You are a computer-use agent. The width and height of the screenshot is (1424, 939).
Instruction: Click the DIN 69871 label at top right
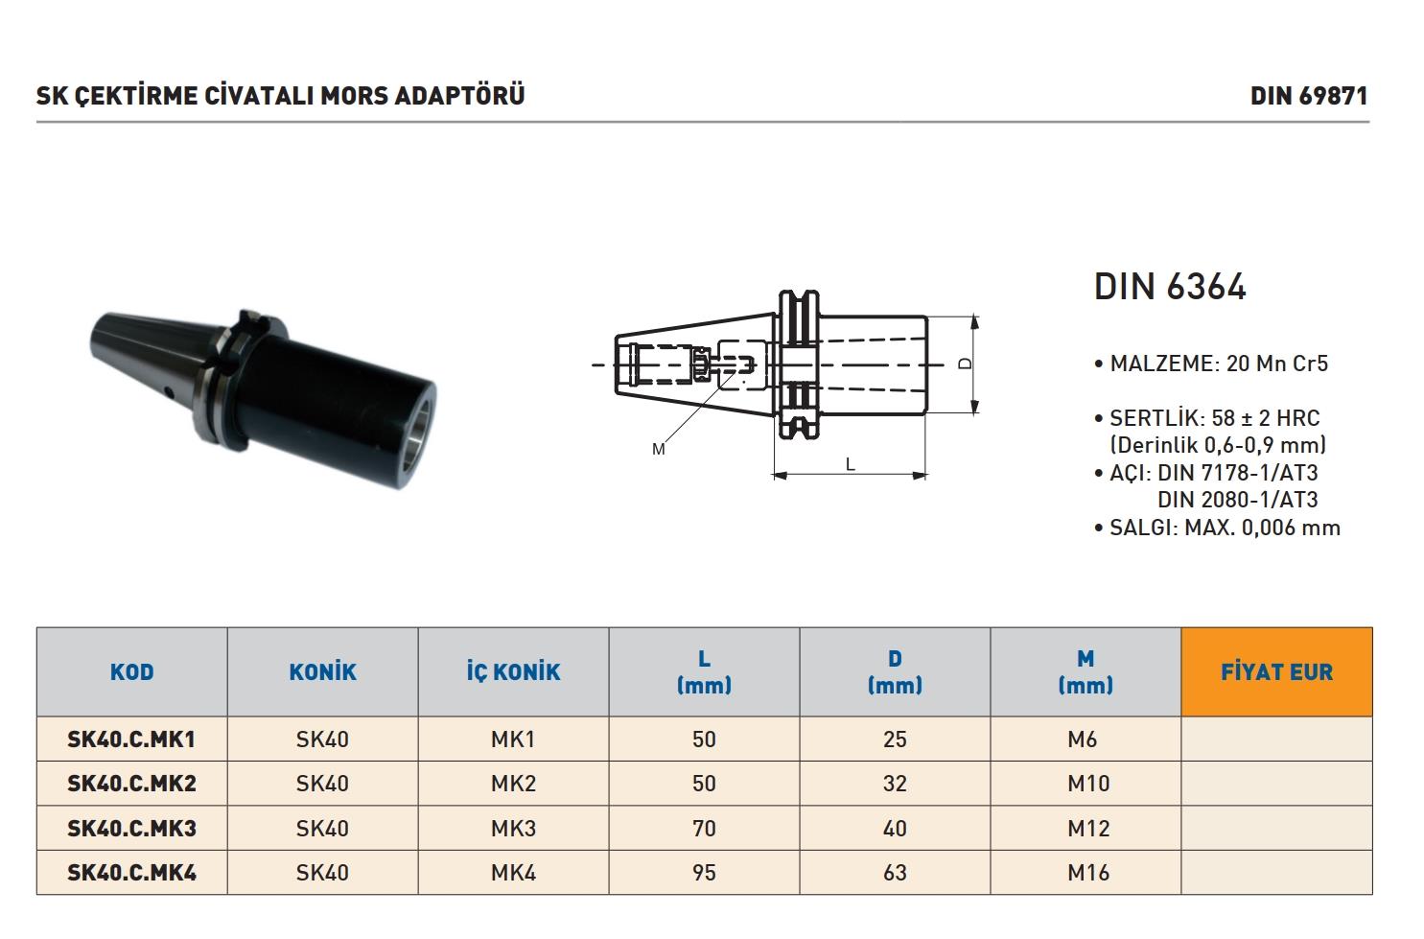[x=1308, y=96]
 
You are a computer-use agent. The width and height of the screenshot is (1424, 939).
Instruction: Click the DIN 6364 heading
[x=1170, y=287]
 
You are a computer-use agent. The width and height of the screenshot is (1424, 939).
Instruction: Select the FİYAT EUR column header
[x=1276, y=672]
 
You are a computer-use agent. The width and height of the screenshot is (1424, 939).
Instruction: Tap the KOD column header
[x=131, y=672]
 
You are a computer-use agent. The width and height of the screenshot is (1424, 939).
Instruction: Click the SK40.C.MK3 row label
[x=131, y=828]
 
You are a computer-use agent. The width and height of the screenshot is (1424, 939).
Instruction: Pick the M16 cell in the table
[x=1087, y=873]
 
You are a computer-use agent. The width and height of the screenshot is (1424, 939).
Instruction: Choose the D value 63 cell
[x=895, y=873]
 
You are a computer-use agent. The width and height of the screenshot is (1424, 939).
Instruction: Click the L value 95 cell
[x=704, y=873]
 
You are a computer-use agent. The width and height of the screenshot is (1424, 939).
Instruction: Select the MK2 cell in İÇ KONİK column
[x=513, y=784]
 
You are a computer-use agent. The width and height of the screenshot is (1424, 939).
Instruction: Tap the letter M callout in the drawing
[x=658, y=449]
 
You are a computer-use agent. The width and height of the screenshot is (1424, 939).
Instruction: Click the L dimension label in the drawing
[x=851, y=464]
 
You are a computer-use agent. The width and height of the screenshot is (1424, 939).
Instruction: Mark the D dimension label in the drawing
[x=966, y=364]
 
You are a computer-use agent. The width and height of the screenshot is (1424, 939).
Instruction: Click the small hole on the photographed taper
[x=167, y=391]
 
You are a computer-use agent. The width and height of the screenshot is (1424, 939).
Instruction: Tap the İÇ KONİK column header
[x=513, y=672]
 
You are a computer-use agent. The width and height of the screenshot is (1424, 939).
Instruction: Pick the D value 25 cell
[x=895, y=739]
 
